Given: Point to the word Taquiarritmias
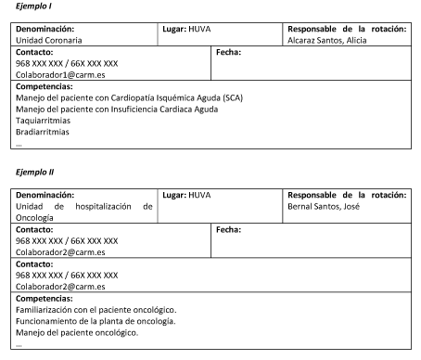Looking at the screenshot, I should [x=43, y=120].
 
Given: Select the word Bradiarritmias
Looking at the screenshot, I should [x=43, y=131].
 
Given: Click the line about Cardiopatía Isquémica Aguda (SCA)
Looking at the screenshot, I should [x=127, y=97].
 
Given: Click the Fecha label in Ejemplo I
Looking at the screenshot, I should [x=228, y=52].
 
